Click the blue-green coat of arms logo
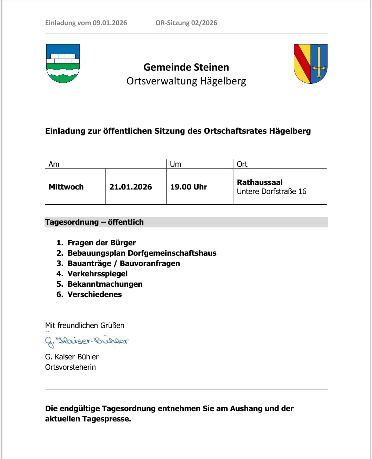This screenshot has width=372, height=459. pyautogui.click(x=63, y=63)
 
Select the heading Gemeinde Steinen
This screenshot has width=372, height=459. pyautogui.click(x=186, y=67)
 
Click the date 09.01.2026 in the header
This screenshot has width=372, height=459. pyautogui.click(x=110, y=23)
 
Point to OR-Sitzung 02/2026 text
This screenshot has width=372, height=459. pyautogui.click(x=186, y=23)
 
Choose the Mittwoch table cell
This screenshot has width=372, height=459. pyautogui.click(x=66, y=187)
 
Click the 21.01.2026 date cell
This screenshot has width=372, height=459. pyautogui.click(x=131, y=187)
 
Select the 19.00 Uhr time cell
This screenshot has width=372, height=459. pyautogui.click(x=189, y=187)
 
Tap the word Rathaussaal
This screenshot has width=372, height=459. pyautogui.click(x=260, y=182)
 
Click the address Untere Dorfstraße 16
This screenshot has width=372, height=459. pyautogui.click(x=271, y=192)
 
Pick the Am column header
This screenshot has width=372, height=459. pyautogui.click(x=54, y=164)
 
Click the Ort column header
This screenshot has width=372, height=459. pyautogui.click(x=242, y=164)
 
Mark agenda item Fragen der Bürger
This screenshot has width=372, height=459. pyautogui.click(x=101, y=243)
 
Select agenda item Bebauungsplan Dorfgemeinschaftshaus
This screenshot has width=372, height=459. pyautogui.click(x=142, y=253)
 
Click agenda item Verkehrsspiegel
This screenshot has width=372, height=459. pyautogui.click(x=98, y=274)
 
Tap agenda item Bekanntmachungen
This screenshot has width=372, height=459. pyautogui.click(x=105, y=284)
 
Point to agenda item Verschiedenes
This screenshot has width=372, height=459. pyautogui.click(x=94, y=295)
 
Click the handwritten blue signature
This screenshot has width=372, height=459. pyautogui.click(x=87, y=341)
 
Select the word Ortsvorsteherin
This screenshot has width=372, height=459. pyautogui.click(x=70, y=367)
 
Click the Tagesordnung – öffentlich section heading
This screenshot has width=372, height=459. pyautogui.click(x=94, y=222)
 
